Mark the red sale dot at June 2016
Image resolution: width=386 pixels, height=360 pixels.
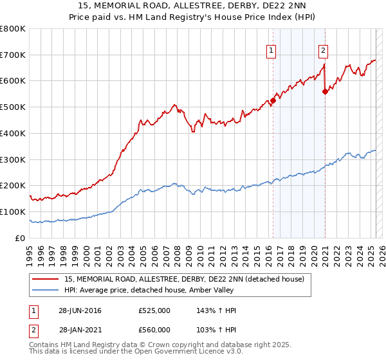tap(273, 100)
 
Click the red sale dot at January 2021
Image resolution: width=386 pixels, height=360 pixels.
tap(325, 91)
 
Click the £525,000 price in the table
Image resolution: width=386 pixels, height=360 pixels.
tap(154, 310)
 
